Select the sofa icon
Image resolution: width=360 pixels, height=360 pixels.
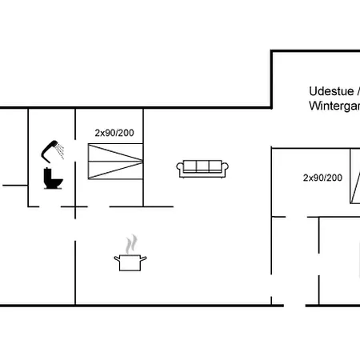pyautogui.click(x=202, y=167)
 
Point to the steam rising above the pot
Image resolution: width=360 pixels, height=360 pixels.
pyautogui.click(x=132, y=243)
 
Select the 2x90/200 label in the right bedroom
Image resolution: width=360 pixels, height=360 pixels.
pyautogui.click(x=322, y=178)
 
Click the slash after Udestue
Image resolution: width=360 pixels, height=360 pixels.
pyautogui.click(x=356, y=91)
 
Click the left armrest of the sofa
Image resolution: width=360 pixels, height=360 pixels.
pyautogui.click(x=180, y=168)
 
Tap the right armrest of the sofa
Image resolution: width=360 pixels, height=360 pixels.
pyautogui.click(x=226, y=168)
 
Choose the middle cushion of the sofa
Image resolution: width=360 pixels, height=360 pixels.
pyautogui.click(x=202, y=166)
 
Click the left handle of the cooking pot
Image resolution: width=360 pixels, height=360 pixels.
pyautogui.click(x=117, y=258)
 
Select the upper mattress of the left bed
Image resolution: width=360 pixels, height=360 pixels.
pyautogui.click(x=117, y=154)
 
